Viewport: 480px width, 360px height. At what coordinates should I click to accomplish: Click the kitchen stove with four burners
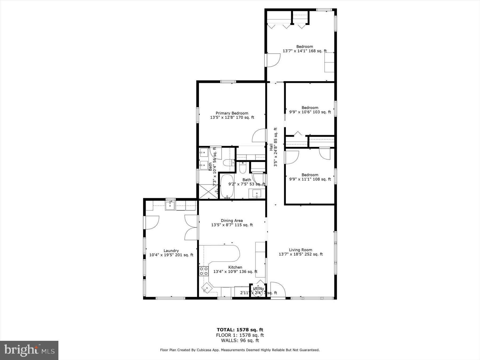[204, 271]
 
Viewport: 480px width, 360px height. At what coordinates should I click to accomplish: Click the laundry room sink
[170, 206]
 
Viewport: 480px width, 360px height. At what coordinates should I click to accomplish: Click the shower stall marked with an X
[208, 191]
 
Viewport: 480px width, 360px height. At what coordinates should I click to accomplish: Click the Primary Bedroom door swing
[259, 136]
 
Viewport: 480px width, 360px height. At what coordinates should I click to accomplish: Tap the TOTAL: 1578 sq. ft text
[240, 330]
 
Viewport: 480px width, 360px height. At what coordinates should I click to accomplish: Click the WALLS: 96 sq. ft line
[240, 341]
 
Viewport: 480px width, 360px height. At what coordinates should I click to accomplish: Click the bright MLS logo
[29, 350]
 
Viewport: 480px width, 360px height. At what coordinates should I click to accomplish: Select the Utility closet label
[258, 289]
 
